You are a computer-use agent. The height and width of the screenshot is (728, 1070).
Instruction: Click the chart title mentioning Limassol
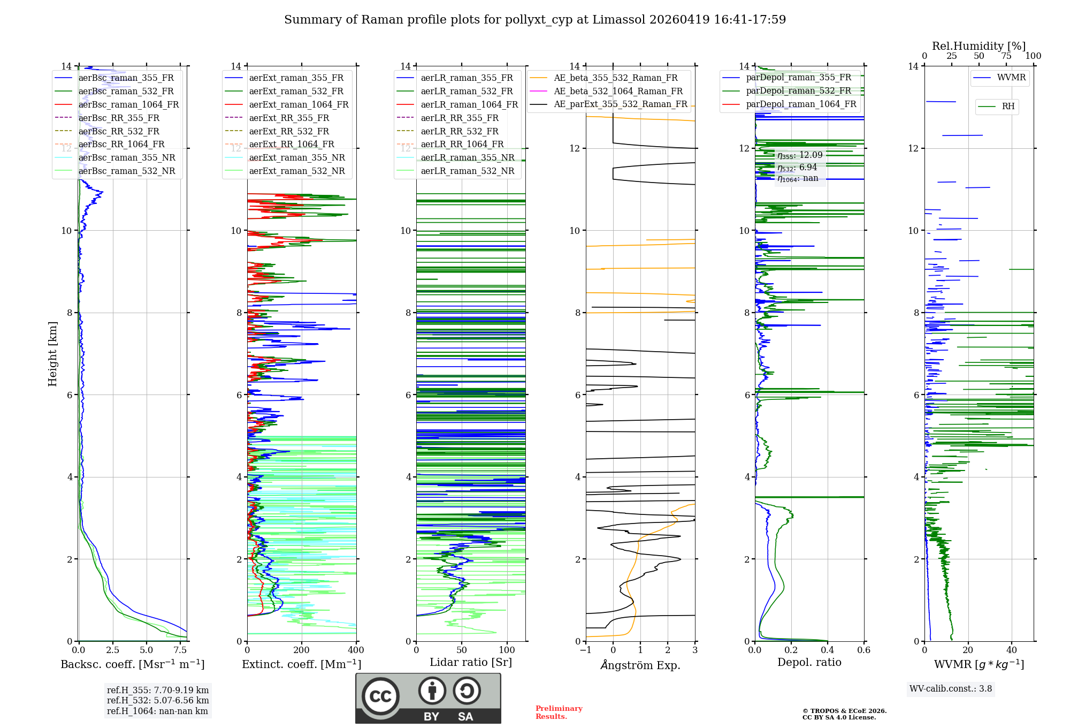point(535,20)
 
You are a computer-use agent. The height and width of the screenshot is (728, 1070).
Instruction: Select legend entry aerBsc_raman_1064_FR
point(128,104)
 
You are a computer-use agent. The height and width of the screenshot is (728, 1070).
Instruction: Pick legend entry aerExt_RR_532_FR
point(289,131)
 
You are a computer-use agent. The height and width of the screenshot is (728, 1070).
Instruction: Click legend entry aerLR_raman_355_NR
point(467,157)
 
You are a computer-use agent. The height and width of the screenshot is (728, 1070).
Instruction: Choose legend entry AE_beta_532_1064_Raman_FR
point(618,91)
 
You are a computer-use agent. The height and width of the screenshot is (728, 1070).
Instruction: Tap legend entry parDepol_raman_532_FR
point(798,91)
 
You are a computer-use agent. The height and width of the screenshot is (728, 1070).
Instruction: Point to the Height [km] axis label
point(52,353)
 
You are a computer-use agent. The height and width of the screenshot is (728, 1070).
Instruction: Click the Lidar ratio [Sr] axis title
point(471,662)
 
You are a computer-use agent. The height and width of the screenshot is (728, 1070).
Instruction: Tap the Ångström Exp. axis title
point(640,665)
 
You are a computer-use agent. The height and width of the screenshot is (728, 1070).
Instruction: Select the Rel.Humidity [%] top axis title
point(979,46)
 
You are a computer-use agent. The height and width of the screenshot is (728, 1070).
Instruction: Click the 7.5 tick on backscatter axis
point(180,650)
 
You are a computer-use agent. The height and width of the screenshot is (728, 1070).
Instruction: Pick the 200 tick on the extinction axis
point(302,650)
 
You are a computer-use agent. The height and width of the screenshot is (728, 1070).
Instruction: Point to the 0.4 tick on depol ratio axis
point(828,650)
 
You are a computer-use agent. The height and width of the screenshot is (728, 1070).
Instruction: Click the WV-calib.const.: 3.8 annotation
point(951,689)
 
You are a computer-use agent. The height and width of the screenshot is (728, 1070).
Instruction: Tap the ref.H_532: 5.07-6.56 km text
point(158,700)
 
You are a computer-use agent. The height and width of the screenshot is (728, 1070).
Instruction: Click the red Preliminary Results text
point(559,712)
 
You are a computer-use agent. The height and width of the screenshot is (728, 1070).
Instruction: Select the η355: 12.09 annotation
point(800,155)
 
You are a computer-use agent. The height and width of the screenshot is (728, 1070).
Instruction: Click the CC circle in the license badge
point(380,696)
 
